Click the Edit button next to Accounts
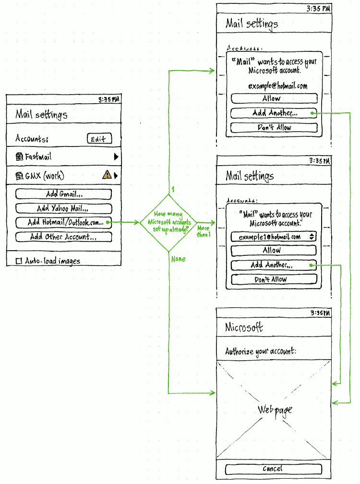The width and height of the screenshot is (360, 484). pyautogui.click(x=99, y=139)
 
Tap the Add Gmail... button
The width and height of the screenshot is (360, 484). pyautogui.click(x=63, y=194)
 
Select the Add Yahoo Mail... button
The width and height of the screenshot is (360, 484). pyautogui.click(x=63, y=208)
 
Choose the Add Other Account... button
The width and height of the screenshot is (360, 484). pyautogui.click(x=63, y=237)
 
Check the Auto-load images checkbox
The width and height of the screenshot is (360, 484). pyautogui.click(x=19, y=261)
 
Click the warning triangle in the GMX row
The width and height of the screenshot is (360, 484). pyautogui.click(x=107, y=176)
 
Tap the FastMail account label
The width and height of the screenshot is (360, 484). pyautogui.click(x=38, y=157)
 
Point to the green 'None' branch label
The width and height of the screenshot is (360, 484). pyautogui.click(x=178, y=259)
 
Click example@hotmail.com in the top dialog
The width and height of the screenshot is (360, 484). pyautogui.click(x=277, y=86)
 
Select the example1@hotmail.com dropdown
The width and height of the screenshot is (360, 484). pyautogui.click(x=273, y=236)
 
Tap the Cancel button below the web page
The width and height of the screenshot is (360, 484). pyautogui.click(x=273, y=469)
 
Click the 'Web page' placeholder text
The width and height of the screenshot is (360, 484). pyautogui.click(x=275, y=410)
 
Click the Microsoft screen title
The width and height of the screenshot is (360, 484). pyautogui.click(x=244, y=328)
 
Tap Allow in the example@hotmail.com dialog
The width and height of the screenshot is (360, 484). pyautogui.click(x=274, y=98)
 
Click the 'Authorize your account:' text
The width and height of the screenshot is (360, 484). pyautogui.click(x=261, y=351)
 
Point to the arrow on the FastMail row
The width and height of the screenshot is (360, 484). pyautogui.click(x=116, y=157)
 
